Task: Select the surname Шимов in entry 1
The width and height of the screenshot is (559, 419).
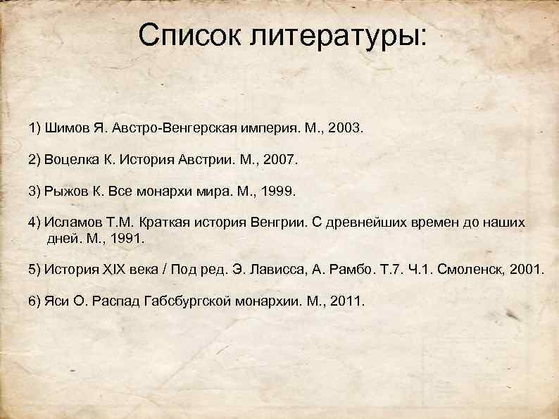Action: click(63, 130)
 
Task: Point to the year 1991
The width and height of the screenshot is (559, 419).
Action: click(127, 239)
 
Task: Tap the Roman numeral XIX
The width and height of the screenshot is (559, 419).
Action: click(112, 270)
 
